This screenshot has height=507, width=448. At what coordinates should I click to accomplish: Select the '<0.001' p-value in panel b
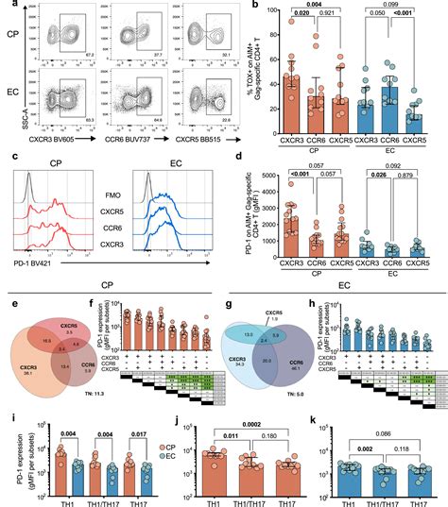(413, 28)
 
